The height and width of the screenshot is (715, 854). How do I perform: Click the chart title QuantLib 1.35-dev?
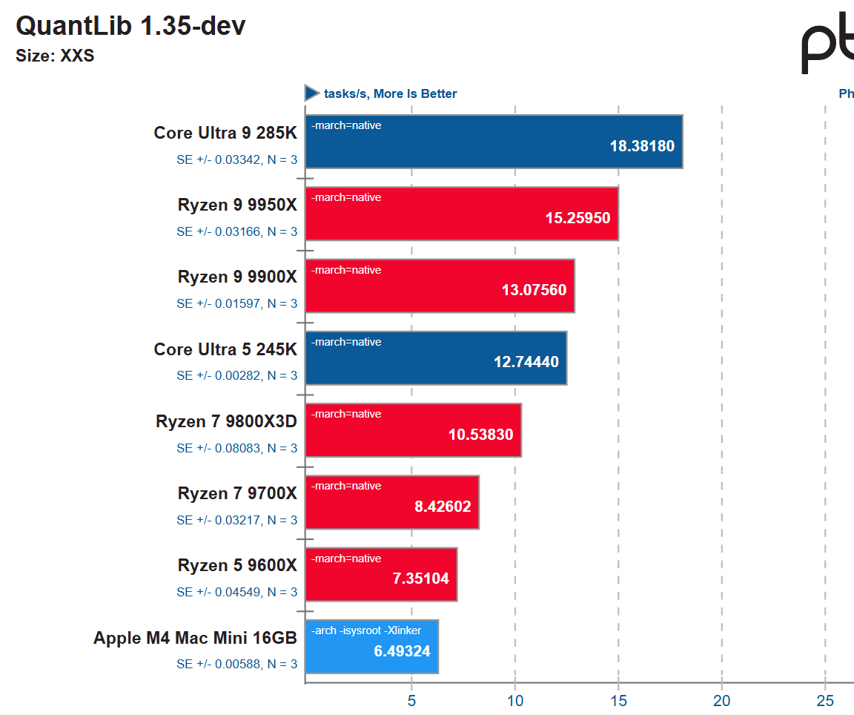130,26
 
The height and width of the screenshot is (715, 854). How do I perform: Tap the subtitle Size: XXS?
55,56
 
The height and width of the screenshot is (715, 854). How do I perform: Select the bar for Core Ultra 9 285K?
493,142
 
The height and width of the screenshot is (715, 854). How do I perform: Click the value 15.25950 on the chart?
577,219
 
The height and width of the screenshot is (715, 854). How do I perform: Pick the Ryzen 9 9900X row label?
237,277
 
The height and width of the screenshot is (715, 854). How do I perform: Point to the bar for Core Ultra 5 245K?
436,358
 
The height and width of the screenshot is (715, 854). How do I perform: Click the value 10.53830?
480,435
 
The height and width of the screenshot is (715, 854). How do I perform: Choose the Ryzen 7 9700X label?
237,494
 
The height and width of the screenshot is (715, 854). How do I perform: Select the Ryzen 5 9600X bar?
381,575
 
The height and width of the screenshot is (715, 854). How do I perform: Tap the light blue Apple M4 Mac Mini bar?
371,647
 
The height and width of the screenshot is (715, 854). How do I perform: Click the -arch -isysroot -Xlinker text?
366,630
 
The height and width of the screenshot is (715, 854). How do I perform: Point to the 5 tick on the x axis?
411,701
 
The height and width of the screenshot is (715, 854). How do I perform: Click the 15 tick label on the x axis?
618,701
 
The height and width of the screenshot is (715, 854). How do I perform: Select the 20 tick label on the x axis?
721,701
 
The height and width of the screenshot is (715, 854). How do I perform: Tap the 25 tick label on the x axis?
825,701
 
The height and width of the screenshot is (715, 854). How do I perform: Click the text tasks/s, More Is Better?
390,94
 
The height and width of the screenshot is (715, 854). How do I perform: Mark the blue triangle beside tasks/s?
311,93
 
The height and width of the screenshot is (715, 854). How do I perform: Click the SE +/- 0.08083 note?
236,448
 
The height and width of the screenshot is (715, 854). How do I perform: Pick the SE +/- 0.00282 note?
236,375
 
